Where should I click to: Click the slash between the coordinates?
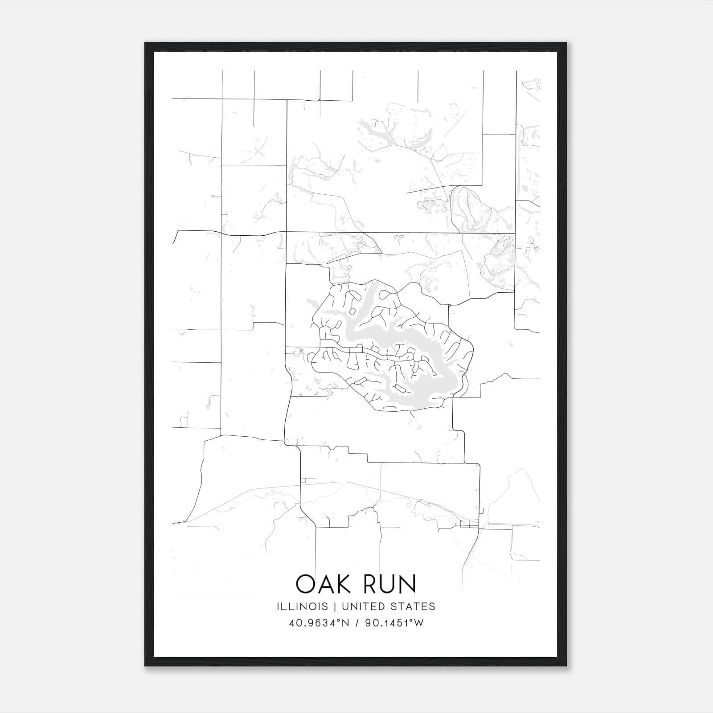[x=356, y=623]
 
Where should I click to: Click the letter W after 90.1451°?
[x=419, y=623]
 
